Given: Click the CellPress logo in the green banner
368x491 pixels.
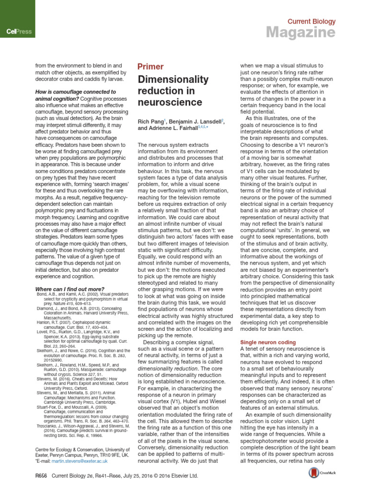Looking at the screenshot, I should tap(19, 32).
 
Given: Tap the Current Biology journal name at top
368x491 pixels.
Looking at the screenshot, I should tap(311, 22).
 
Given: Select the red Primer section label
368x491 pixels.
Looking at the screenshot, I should tap(150, 67).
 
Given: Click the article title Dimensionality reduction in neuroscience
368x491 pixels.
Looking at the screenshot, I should tap(173, 90).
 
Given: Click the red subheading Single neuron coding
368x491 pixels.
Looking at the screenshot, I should tap(268, 342).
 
